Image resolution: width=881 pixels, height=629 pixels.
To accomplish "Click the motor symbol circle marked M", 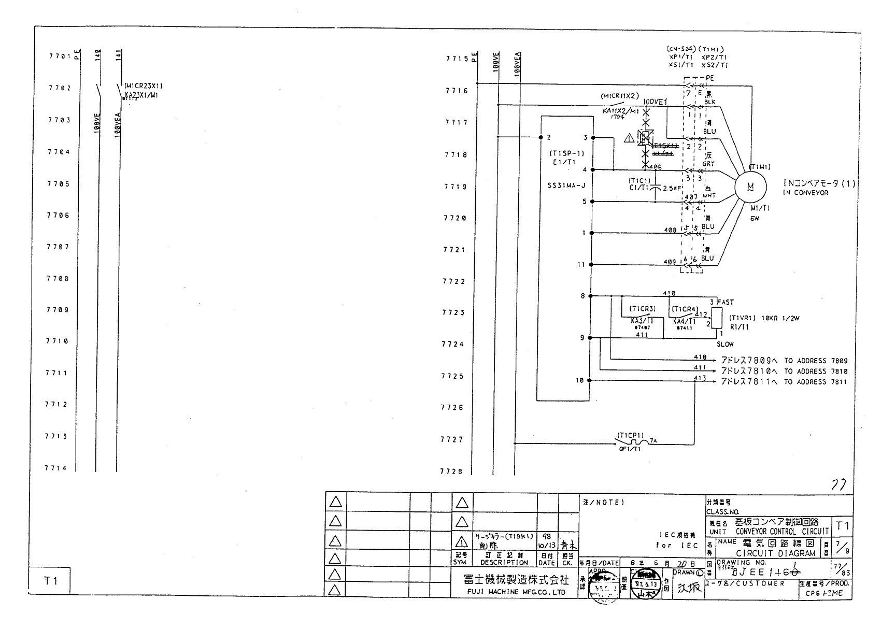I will (749, 187).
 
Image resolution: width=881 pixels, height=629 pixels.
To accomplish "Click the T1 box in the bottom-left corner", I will (50, 580).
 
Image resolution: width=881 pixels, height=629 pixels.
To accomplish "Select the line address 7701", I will (59, 56).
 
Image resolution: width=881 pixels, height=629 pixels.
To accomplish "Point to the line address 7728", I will (451, 471).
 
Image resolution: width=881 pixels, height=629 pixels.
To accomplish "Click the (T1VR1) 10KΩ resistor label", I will (764, 318).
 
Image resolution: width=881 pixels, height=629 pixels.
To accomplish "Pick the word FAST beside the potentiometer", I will (726, 302).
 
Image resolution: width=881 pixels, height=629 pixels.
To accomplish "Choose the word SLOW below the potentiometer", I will (725, 344).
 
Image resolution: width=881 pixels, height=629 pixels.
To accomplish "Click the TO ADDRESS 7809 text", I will (816, 361).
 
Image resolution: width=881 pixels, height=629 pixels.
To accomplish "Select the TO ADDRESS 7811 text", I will (816, 382).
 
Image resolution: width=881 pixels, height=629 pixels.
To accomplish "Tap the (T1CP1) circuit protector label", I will (630, 435).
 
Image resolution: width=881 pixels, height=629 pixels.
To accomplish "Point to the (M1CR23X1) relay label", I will (144, 85).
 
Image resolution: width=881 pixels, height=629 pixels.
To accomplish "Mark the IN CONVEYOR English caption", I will (805, 193).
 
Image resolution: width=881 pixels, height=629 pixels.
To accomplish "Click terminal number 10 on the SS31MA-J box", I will (579, 380).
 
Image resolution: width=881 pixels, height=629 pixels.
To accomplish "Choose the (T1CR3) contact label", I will (642, 309).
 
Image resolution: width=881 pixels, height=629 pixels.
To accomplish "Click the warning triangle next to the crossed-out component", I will (629, 138).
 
